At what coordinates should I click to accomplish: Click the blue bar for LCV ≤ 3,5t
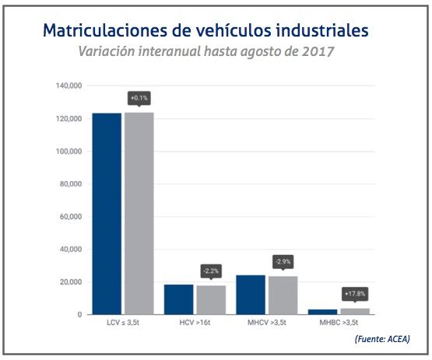107,214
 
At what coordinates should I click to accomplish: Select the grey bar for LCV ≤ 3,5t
139,214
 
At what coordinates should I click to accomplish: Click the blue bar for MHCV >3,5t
251,295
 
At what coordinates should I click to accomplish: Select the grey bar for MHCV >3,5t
283,295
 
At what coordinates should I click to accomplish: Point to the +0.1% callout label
139,98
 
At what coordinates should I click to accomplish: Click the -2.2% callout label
211,271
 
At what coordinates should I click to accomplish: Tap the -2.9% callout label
283,261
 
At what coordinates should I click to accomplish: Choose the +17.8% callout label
354,294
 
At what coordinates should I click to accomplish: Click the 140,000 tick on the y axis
68,86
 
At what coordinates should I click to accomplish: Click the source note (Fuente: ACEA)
381,339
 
